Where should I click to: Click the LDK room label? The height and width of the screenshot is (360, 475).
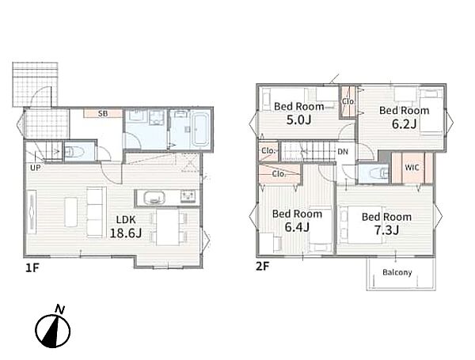(x=127, y=220)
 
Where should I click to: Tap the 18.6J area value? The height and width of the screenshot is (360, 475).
(x=126, y=233)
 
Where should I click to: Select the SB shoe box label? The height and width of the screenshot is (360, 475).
(x=103, y=114)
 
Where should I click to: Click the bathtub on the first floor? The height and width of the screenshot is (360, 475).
(x=201, y=129)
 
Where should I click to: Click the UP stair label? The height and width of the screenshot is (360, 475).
(x=35, y=168)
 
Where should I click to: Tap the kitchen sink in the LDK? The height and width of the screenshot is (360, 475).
(x=154, y=199)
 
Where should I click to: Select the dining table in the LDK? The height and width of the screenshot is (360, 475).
(x=168, y=227)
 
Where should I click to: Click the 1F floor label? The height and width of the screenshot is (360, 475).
(x=32, y=267)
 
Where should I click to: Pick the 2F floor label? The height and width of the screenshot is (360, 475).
(x=262, y=266)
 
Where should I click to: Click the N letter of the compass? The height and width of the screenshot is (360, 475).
(x=59, y=309)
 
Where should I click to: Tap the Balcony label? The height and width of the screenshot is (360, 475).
(x=397, y=272)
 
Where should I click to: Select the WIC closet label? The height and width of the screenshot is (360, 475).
(x=412, y=168)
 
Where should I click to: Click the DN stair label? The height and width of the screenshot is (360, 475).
(x=343, y=151)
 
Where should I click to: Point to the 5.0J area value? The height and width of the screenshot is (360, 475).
(x=298, y=120)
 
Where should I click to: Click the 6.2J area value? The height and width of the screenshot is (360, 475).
(x=405, y=124)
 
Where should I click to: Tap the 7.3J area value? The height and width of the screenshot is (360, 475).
(x=386, y=230)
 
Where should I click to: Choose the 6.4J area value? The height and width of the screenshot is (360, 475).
(x=297, y=227)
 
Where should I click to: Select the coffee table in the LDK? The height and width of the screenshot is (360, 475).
(x=71, y=212)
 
